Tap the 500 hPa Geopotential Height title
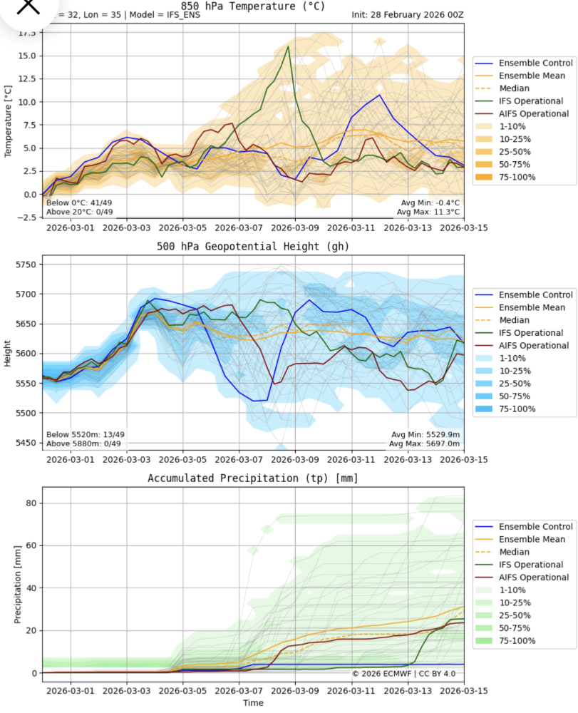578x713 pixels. click(x=254, y=247)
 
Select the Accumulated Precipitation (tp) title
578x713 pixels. click(x=253, y=478)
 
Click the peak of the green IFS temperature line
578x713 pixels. click(x=288, y=46)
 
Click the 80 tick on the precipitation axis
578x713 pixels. click(x=30, y=503)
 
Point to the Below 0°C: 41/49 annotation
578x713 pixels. click(x=78, y=202)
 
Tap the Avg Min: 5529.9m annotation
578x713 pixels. click(x=425, y=434)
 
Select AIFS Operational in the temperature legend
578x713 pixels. click(x=533, y=113)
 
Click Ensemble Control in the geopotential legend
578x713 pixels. click(x=535, y=294)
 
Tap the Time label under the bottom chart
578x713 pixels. click(x=253, y=703)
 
